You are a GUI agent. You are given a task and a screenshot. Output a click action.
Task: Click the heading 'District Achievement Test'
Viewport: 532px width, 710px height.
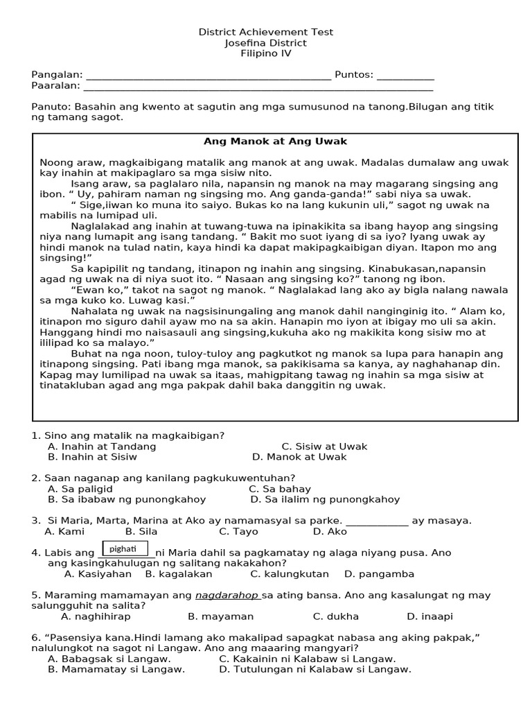(x=266, y=32)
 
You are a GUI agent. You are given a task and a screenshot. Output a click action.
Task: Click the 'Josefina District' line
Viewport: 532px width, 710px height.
(x=266, y=43)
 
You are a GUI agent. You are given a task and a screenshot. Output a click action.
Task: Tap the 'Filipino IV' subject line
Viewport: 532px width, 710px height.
(x=266, y=53)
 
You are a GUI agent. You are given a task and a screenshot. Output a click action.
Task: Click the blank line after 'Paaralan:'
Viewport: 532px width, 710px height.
(x=258, y=87)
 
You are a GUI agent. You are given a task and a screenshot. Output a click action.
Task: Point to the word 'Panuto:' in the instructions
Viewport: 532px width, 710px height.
(x=51, y=107)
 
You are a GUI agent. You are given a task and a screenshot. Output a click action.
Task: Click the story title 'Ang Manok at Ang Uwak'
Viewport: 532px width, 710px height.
(x=275, y=141)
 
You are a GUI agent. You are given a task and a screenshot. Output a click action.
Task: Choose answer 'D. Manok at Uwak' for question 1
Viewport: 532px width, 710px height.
(x=299, y=457)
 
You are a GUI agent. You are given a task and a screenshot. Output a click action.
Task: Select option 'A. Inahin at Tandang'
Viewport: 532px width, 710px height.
(x=102, y=447)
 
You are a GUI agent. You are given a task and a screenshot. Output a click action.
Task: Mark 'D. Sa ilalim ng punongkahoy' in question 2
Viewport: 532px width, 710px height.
(x=325, y=499)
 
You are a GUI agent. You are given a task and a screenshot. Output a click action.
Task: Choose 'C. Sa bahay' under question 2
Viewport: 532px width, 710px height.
(x=280, y=489)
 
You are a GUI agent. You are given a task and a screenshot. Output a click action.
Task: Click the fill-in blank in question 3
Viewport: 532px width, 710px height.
(x=376, y=521)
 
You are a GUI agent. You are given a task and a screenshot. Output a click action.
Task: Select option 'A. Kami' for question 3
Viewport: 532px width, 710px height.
(x=64, y=532)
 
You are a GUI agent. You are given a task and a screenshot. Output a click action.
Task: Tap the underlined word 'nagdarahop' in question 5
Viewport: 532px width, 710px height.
(x=227, y=596)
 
